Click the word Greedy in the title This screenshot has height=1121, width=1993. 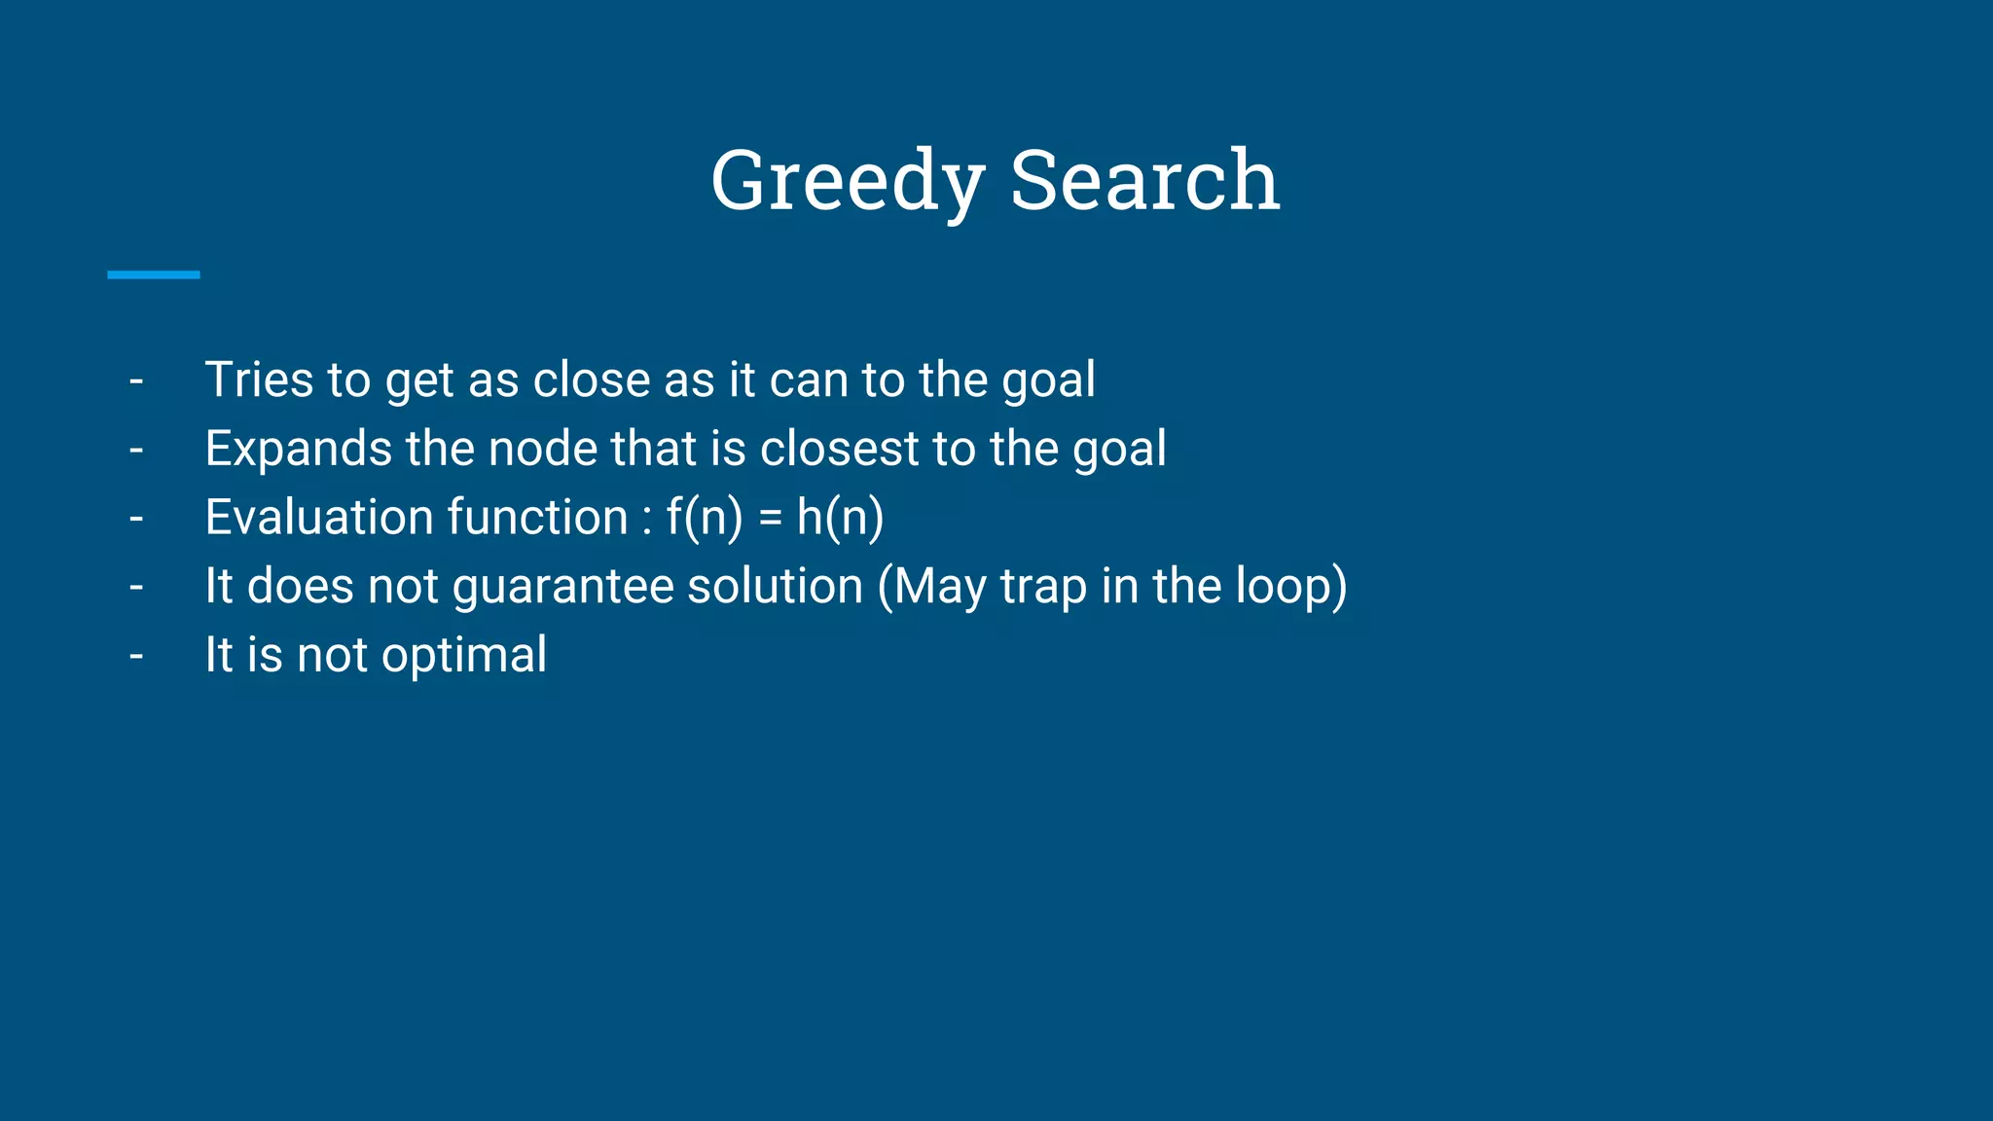coord(847,181)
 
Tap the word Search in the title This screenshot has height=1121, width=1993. coord(1144,181)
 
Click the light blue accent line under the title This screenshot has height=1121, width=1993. coord(153,275)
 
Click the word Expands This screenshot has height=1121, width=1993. coord(298,449)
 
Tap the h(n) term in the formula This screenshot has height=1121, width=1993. coord(840,518)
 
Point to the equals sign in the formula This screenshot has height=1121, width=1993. coord(770,519)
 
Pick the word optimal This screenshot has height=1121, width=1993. coord(464,656)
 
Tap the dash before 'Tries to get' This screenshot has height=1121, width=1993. coord(136,381)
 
